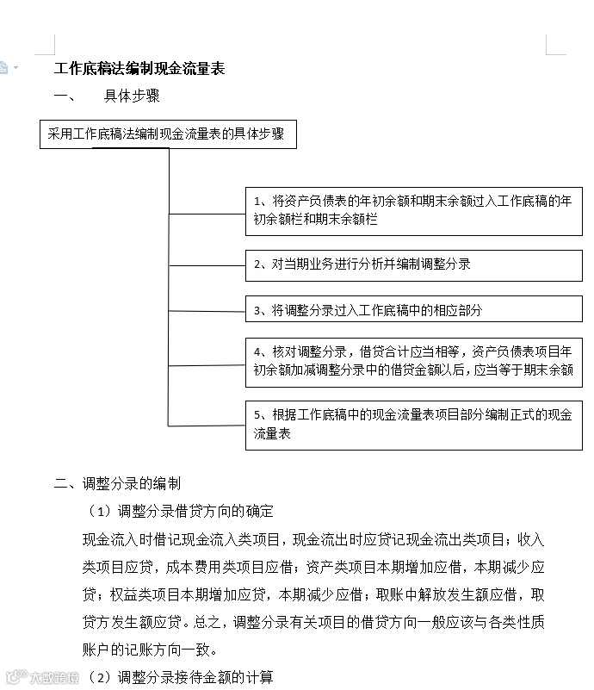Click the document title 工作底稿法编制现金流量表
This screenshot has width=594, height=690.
coord(139,69)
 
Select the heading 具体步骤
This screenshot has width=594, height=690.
coord(132,96)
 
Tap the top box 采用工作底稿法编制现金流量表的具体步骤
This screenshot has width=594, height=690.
coord(168,134)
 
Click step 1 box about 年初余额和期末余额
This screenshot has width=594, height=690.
coord(413,210)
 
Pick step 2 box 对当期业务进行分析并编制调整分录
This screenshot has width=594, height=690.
coord(413,264)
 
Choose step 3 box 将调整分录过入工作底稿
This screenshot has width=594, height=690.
coord(413,309)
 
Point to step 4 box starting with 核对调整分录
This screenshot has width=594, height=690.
coord(413,363)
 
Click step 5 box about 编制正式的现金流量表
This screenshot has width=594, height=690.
coord(413,425)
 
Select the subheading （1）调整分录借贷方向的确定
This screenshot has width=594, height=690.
coord(181,511)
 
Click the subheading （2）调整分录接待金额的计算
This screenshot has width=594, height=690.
coord(181,677)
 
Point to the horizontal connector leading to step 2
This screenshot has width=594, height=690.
coord(207,265)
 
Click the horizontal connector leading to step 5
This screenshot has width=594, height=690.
coord(207,426)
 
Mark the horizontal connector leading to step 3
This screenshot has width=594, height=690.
coord(207,310)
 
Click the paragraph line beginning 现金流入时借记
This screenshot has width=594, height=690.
coord(313,539)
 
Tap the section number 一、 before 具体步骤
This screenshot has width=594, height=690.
coord(64,96)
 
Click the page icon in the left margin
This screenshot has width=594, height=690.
coord(4,67)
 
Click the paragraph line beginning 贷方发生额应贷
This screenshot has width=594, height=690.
coord(313,622)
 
